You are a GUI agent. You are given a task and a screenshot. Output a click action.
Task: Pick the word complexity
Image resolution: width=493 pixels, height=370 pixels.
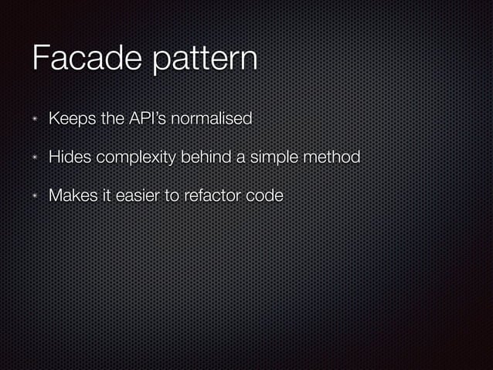click(137, 159)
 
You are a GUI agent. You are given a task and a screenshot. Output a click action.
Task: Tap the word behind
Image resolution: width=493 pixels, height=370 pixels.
click(206, 158)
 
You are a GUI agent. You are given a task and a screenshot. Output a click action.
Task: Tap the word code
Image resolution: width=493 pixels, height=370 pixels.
click(263, 196)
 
